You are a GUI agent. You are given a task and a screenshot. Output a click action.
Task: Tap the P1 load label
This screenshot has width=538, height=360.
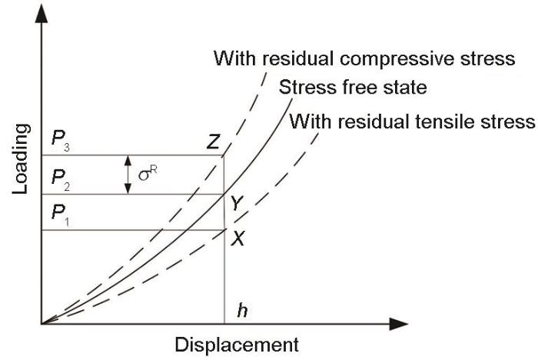pos(61,215)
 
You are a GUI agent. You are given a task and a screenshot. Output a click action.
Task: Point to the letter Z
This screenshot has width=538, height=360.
pos(213,142)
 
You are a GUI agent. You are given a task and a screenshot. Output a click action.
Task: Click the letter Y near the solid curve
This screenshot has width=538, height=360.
pos(237,203)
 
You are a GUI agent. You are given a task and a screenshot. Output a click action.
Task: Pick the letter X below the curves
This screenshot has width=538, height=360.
pos(237,238)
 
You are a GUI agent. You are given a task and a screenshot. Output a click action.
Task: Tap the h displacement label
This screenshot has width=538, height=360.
pos(242,311)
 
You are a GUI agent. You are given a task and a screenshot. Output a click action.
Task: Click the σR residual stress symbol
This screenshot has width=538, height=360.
pos(148,173)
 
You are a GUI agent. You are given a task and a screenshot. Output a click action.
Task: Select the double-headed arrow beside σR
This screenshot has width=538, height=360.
pos(128,175)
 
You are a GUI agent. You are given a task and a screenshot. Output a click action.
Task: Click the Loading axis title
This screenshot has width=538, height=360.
pos(21,159)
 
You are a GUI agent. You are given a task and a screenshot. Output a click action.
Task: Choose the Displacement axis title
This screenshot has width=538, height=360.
pos(237,345)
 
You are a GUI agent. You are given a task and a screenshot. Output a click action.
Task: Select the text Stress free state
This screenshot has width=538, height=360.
pos(353,87)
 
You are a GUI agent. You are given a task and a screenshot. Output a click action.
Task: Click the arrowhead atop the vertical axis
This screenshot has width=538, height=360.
pos(42,15)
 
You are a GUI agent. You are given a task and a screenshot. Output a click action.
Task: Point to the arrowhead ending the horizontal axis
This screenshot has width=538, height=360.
pos(399,324)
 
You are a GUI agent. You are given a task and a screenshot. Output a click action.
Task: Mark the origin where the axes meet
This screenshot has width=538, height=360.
pos(42,324)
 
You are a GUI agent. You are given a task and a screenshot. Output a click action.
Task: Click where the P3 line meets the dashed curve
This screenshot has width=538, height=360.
pos(224,155)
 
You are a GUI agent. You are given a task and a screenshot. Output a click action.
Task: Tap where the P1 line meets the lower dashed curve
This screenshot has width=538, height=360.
pos(224,229)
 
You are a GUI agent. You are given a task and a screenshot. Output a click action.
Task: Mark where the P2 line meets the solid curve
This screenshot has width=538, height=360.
pos(224,195)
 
